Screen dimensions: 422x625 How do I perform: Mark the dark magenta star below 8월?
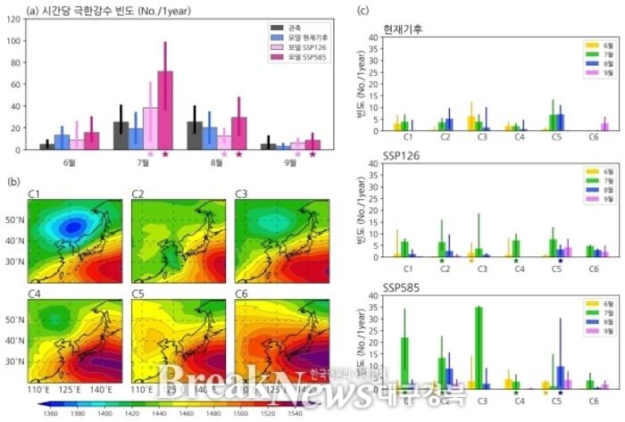pyautogui.click(x=238, y=155)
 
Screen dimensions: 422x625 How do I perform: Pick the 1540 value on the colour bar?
pyautogui.click(x=293, y=414)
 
